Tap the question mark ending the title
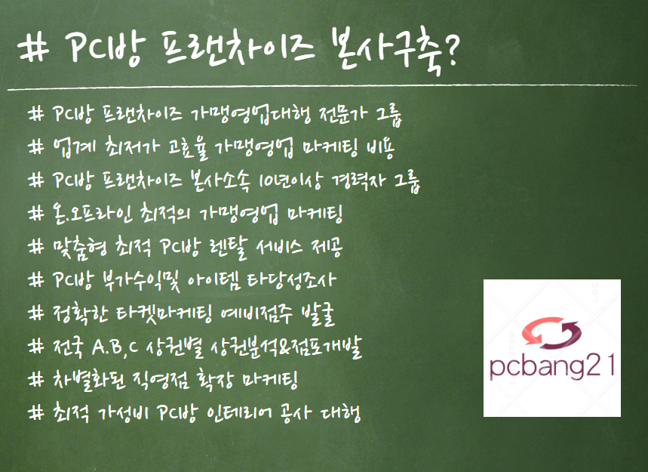[451, 49]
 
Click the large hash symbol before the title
[32, 48]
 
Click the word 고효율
[187, 148]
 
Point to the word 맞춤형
[79, 248]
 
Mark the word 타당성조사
[292, 280]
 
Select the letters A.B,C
[115, 347]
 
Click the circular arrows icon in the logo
[551, 332]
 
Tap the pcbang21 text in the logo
[552, 366]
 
